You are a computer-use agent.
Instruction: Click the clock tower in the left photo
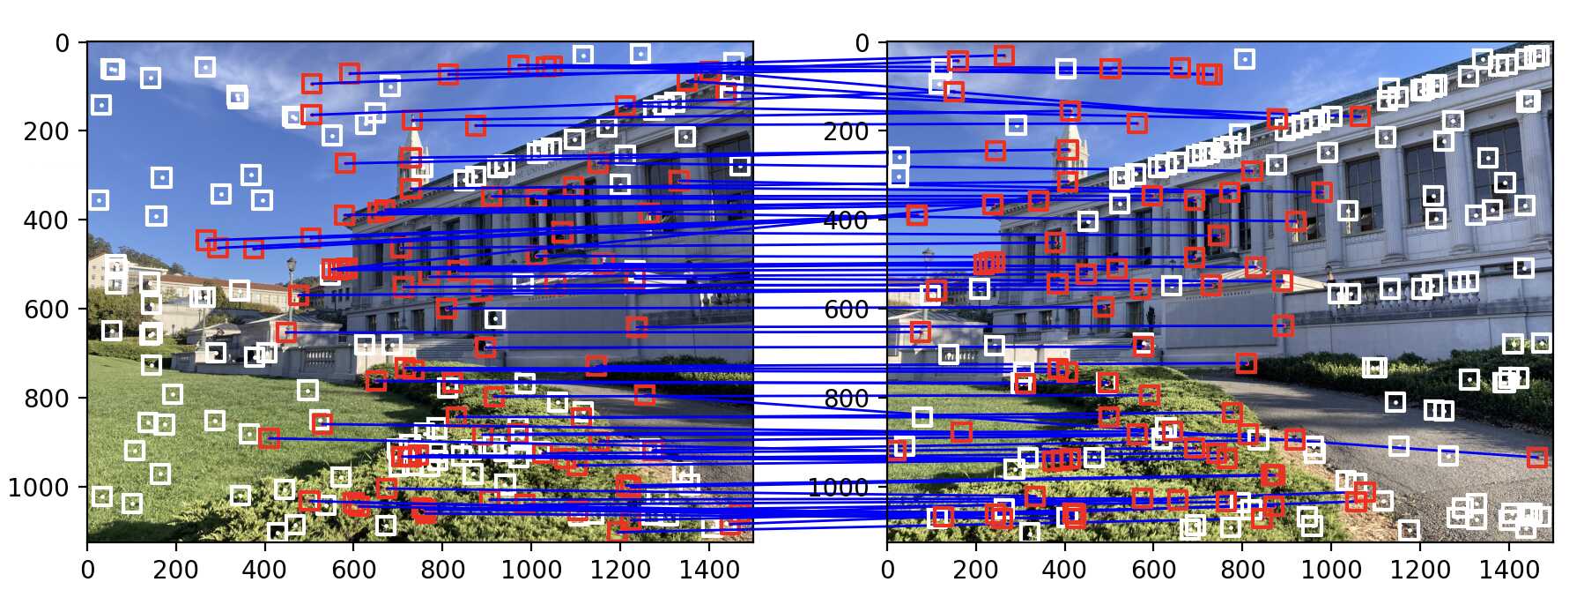pyautogui.click(x=412, y=168)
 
